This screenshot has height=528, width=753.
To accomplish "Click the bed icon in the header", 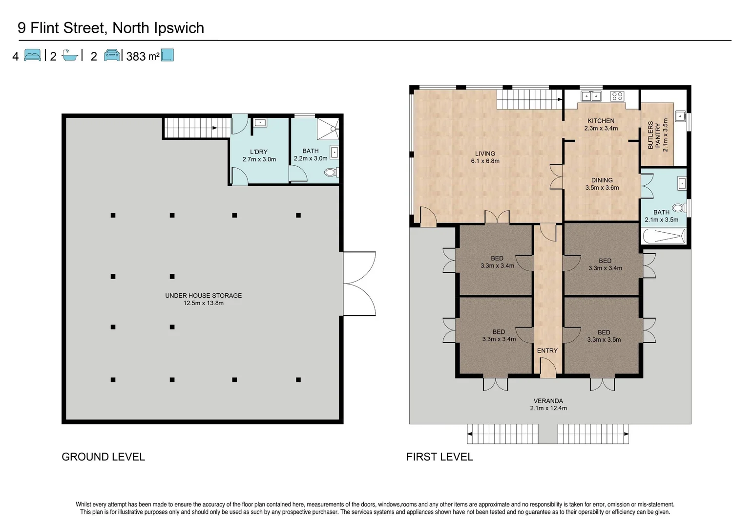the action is [32, 55].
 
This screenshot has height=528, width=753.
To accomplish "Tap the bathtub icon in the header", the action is [70, 56].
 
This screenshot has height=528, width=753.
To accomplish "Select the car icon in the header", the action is [112, 55].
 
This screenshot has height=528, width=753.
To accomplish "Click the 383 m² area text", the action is [143, 56].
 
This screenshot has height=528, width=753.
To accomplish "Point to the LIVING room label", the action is [485, 154].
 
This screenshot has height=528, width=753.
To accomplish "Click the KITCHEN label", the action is [601, 121].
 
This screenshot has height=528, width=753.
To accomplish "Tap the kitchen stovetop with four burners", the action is [617, 97].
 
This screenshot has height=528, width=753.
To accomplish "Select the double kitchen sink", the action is [591, 97].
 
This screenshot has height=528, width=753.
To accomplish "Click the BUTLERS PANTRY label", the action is [654, 135].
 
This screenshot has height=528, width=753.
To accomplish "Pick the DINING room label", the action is [602, 180].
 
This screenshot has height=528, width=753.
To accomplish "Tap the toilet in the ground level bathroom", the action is [332, 173].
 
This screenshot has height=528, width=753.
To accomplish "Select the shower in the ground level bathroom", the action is [328, 129].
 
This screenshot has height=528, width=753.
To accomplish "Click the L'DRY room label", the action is [258, 152].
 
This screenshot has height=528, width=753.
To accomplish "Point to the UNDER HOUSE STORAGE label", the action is [203, 295].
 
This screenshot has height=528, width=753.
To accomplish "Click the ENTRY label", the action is [547, 351].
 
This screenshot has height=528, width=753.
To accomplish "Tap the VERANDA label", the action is [548, 401].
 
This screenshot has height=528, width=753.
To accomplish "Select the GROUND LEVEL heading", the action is [103, 457].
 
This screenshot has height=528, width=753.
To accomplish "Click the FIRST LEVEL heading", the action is [439, 457].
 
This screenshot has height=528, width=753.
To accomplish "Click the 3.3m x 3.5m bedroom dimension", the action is [604, 340].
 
